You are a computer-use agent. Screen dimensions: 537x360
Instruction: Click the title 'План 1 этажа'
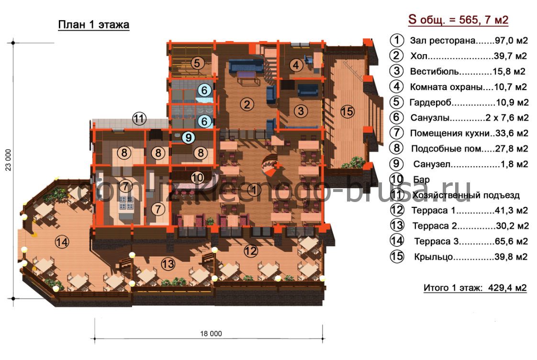(x=93, y=25)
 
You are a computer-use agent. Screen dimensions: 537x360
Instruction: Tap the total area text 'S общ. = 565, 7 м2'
(x=458, y=20)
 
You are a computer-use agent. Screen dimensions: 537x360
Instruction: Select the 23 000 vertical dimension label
(x=8, y=160)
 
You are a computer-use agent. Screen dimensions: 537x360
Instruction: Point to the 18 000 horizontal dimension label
(x=211, y=334)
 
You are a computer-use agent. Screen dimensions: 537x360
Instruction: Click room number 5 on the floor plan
(x=197, y=63)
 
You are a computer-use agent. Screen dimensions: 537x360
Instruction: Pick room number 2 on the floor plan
(x=247, y=104)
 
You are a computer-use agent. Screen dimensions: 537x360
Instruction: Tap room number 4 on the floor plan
(x=296, y=65)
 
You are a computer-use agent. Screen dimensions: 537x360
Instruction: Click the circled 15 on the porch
(x=347, y=112)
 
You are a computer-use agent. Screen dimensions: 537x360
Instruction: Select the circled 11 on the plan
(x=139, y=119)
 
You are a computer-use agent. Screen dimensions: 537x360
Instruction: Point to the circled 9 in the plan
(x=188, y=138)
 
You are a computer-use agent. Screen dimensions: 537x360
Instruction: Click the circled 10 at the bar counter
(x=197, y=178)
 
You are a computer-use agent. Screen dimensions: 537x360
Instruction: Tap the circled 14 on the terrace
(x=62, y=242)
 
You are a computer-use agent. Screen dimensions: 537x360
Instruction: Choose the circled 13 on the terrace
(x=168, y=264)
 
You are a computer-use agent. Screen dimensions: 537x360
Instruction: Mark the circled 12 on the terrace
(x=251, y=251)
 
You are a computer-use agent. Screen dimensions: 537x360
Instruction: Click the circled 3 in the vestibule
(x=301, y=111)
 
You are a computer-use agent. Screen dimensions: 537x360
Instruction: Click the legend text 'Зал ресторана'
(x=443, y=41)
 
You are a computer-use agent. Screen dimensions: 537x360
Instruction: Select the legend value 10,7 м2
(x=510, y=87)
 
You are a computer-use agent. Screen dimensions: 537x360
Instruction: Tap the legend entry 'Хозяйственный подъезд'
(x=466, y=195)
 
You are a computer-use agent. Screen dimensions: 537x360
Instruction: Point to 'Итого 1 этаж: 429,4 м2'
(x=475, y=288)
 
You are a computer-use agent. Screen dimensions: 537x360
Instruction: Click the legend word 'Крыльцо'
(x=433, y=257)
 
